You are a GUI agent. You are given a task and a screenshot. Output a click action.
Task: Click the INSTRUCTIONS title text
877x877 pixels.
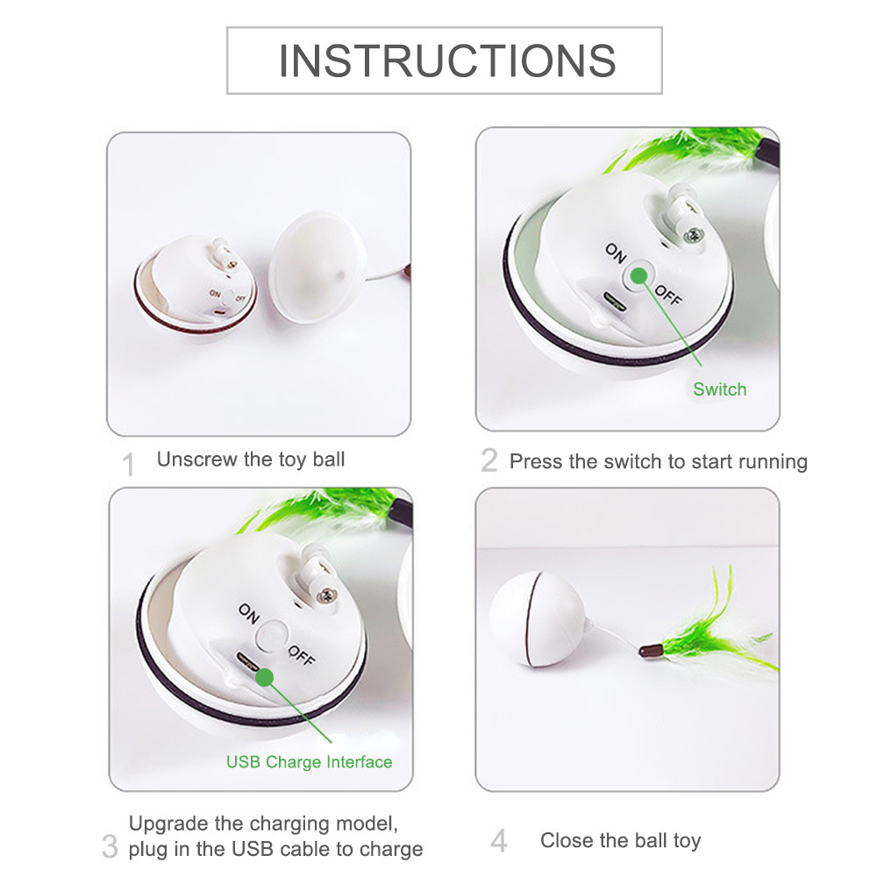(x=447, y=61)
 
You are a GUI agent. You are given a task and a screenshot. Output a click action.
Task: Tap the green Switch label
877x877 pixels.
(x=720, y=389)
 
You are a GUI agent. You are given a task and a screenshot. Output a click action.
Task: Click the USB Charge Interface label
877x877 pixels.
(x=310, y=762)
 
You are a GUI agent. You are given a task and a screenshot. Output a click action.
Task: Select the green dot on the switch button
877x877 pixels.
(x=638, y=275)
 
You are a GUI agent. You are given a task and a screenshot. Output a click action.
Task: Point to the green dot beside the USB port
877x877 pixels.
(x=265, y=677)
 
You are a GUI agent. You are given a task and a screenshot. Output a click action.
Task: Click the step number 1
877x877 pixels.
(x=129, y=464)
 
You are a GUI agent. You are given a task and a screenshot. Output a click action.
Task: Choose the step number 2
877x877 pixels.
(x=488, y=460)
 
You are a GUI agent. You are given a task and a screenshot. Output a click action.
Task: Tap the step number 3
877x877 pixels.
(x=111, y=846)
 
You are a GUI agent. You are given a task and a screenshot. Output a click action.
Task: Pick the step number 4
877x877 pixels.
(x=499, y=841)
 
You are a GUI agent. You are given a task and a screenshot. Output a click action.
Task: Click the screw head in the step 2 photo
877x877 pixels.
(x=695, y=234)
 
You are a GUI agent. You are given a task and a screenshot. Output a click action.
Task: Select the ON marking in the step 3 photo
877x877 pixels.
(x=249, y=614)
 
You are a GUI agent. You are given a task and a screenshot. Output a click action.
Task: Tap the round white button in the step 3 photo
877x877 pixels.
(x=272, y=637)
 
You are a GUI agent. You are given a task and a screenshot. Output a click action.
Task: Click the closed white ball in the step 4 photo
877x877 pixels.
(x=538, y=618)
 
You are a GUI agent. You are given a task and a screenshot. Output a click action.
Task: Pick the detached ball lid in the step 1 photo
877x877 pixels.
(x=317, y=267)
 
